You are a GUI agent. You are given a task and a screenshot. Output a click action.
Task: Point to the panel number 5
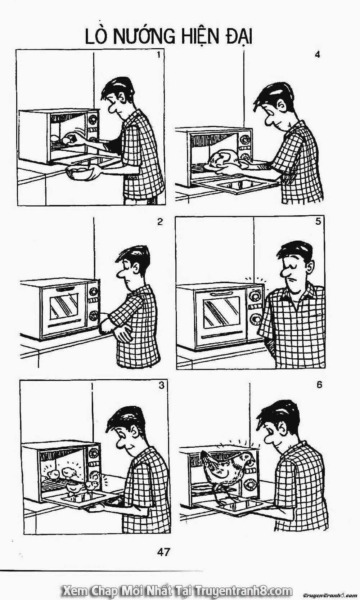click(318, 222)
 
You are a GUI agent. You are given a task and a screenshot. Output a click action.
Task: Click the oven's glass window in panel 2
click(64, 305)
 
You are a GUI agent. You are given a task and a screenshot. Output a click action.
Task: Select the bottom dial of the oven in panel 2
click(94, 315)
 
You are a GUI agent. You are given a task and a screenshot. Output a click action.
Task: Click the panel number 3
click(161, 386)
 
